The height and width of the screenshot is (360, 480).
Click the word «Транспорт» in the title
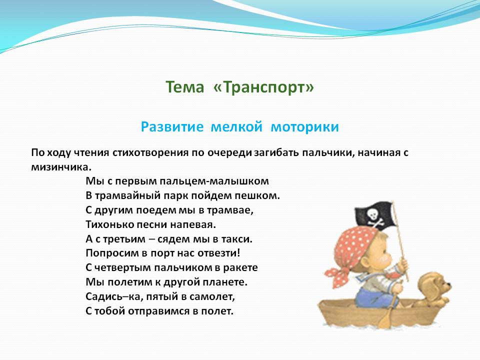click(x=263, y=87)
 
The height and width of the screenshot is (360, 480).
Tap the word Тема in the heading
click(x=185, y=87)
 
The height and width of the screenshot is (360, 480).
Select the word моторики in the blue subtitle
click(x=304, y=126)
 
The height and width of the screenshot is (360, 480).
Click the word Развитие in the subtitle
click(x=172, y=126)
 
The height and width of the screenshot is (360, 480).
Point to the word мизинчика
click(x=61, y=167)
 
